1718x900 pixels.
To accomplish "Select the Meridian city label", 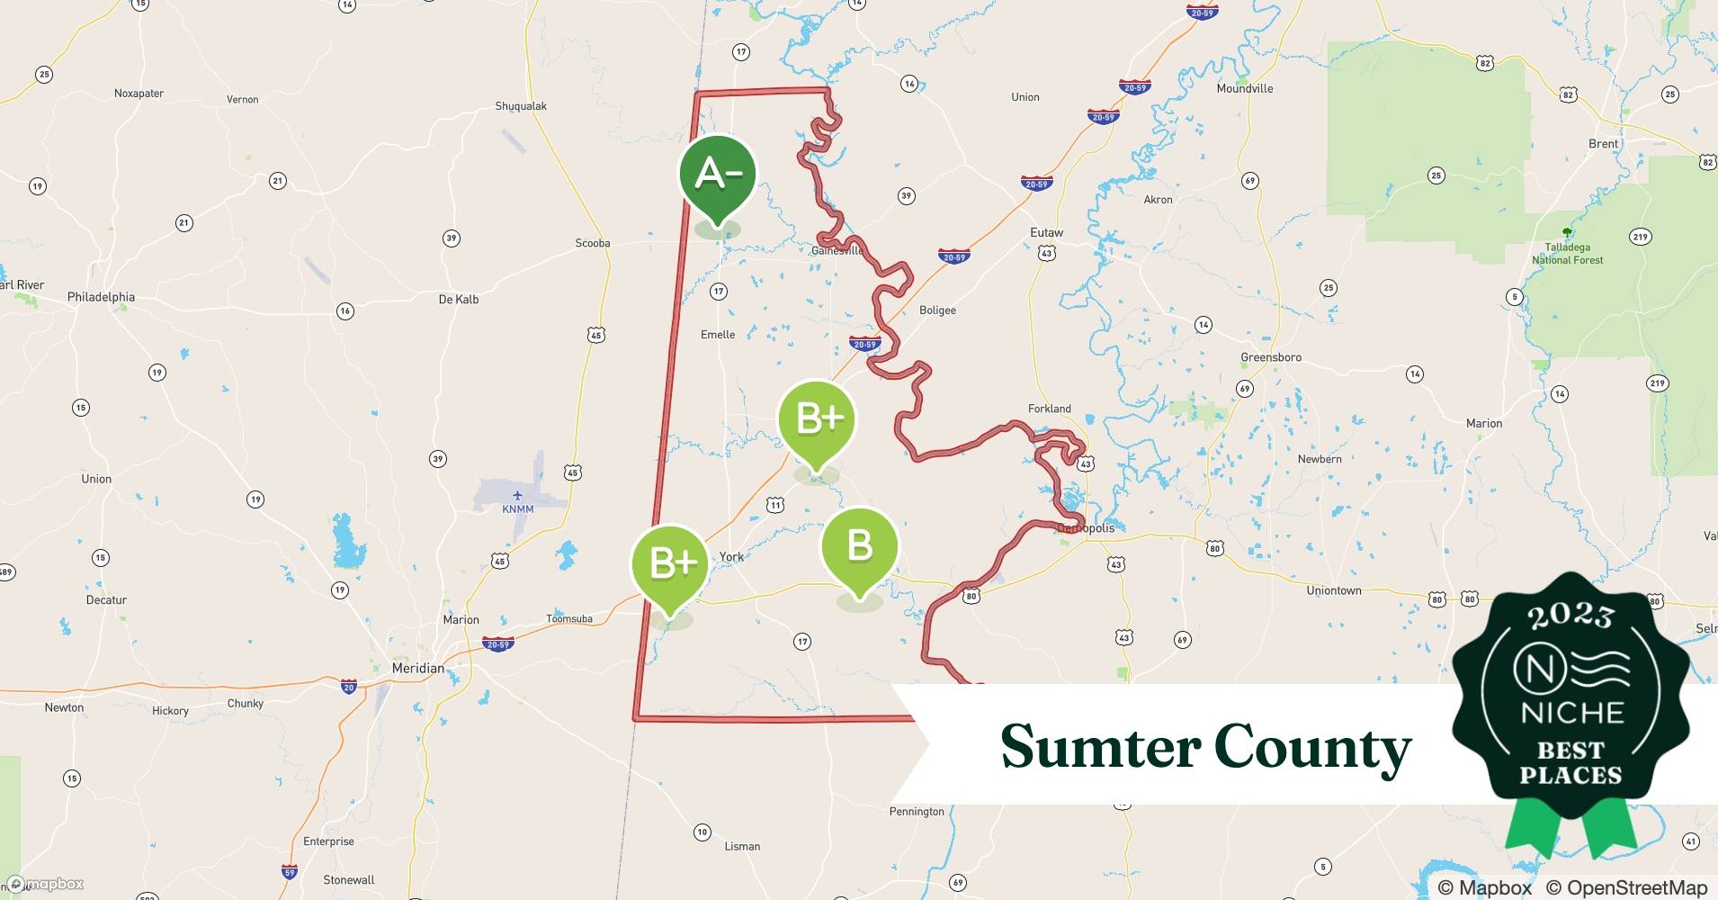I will tap(418, 668).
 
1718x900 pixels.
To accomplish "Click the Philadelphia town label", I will tap(101, 297).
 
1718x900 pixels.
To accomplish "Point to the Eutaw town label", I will tap(1046, 232).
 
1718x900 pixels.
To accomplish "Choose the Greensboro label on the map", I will tap(1270, 357).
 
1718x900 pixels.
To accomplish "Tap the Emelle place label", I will tap(718, 335).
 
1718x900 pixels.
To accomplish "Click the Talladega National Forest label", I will tap(1567, 253).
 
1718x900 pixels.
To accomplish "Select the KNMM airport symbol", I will tap(517, 495).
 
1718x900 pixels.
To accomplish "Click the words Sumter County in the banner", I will tap(1205, 747).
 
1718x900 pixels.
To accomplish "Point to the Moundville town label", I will tap(1244, 88).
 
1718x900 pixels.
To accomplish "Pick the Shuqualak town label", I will tap(521, 106).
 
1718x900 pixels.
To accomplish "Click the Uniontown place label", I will tap(1333, 590).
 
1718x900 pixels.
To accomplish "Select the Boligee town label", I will tap(937, 310).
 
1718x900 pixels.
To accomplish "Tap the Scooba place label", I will tap(593, 243).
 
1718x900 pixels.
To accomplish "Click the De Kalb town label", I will tap(459, 299).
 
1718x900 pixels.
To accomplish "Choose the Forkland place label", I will tap(1049, 409).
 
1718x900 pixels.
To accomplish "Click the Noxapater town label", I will tap(139, 94).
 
